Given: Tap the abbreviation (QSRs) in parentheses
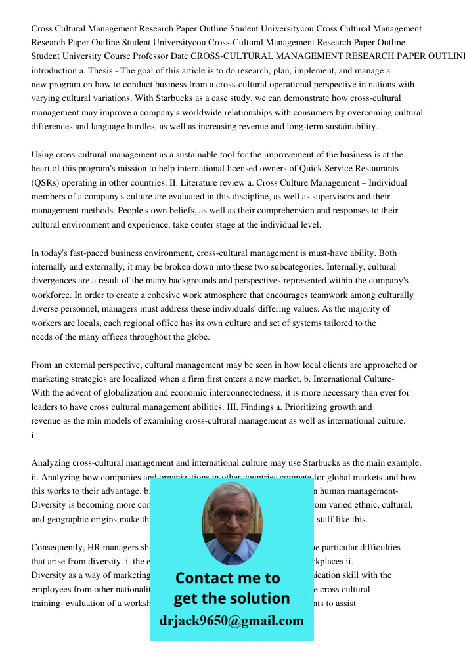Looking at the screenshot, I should pos(47,183).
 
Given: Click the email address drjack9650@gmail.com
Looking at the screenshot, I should pos(231,621).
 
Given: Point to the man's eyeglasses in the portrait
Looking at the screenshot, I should pos(231,516).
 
